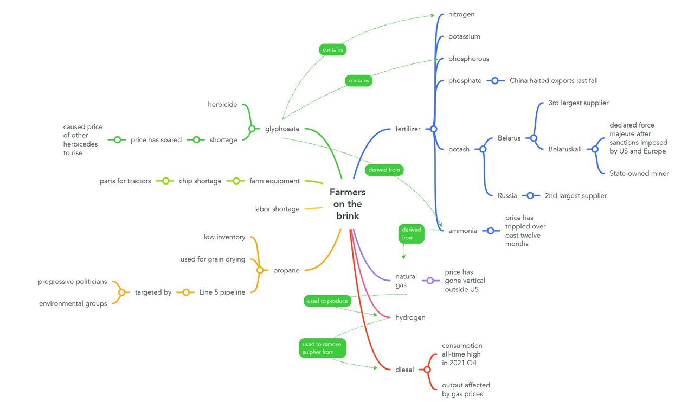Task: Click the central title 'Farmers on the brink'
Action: click(x=348, y=204)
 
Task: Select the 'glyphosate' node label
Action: click(x=282, y=129)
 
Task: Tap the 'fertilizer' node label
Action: click(x=408, y=129)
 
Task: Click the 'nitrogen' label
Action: click(x=461, y=14)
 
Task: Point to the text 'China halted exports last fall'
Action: click(x=554, y=81)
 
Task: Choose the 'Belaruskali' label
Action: click(x=565, y=149)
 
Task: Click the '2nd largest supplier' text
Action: click(x=576, y=196)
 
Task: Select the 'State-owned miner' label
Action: click(x=639, y=174)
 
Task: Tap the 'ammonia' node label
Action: click(x=462, y=231)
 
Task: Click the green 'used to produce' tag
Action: click(x=327, y=301)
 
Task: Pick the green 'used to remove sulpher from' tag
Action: click(x=323, y=348)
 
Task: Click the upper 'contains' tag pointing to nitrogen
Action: click(x=332, y=49)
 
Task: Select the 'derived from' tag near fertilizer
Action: click(x=384, y=170)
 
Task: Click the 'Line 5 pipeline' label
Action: click(x=222, y=292)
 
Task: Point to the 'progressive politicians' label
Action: click(x=73, y=281)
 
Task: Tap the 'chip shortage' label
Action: click(x=200, y=181)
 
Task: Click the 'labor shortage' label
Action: click(x=277, y=209)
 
